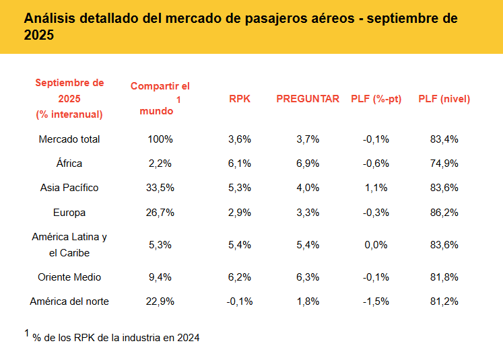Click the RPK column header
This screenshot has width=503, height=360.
click(x=240, y=99)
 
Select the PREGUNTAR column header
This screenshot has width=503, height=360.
click(x=308, y=99)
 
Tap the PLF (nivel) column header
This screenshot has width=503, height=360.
click(x=444, y=99)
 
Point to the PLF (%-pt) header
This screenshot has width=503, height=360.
click(x=376, y=99)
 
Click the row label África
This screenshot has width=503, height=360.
click(x=69, y=164)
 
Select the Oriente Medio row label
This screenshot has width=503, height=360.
click(x=69, y=277)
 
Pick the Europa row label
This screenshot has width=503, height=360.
click(x=69, y=213)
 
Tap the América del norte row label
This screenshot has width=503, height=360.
click(x=69, y=301)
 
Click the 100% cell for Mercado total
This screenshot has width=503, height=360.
click(x=160, y=139)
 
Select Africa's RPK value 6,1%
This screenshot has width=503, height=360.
click(x=240, y=164)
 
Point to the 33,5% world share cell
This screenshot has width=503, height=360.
click(x=160, y=188)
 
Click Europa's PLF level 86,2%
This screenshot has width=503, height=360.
click(x=444, y=213)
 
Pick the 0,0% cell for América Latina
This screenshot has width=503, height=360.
click(x=376, y=245)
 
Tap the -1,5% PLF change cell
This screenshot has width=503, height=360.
click(x=376, y=301)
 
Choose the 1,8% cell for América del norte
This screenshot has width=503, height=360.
click(x=308, y=301)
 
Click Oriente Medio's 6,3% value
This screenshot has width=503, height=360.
click(x=308, y=277)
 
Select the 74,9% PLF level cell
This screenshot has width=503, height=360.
click(x=444, y=164)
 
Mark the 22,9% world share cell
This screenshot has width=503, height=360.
click(x=160, y=301)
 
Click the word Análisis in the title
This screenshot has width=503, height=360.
click(x=51, y=18)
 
